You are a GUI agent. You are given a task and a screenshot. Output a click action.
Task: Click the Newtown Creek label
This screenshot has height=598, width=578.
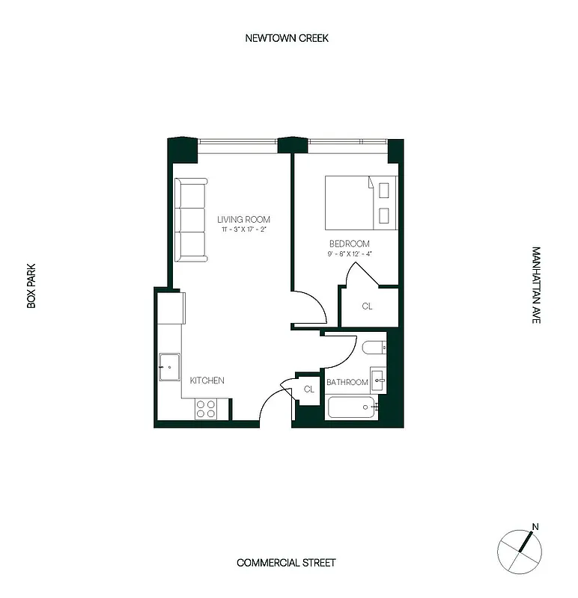point(287,38)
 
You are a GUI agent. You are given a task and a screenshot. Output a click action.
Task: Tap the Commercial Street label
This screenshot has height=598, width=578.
point(287,563)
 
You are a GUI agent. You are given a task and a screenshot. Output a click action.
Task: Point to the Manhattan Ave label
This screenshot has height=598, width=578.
point(536,285)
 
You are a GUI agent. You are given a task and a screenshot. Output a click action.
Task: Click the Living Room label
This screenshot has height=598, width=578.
point(243,219)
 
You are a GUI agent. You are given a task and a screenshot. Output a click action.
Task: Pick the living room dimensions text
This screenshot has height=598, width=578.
point(243,229)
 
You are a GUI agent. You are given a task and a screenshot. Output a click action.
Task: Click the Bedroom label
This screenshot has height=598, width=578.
point(350,244)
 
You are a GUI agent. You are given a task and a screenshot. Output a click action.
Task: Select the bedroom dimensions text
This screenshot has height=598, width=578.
point(350,254)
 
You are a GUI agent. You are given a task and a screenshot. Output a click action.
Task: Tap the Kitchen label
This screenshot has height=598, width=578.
point(207,380)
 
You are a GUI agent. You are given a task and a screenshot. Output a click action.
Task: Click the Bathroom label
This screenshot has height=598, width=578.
point(347,383)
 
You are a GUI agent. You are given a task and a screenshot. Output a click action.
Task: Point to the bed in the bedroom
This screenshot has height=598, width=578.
point(360,202)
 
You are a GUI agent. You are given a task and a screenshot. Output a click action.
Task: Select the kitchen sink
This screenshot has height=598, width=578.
point(169,366)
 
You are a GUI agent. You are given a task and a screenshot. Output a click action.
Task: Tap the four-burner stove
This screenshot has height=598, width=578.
point(206,409)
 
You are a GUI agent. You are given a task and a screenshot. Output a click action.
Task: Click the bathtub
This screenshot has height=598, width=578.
point(352,407)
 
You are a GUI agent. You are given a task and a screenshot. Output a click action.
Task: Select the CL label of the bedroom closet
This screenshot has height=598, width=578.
point(367,306)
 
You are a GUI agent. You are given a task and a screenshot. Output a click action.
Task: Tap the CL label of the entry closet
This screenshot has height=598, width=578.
point(308,389)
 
